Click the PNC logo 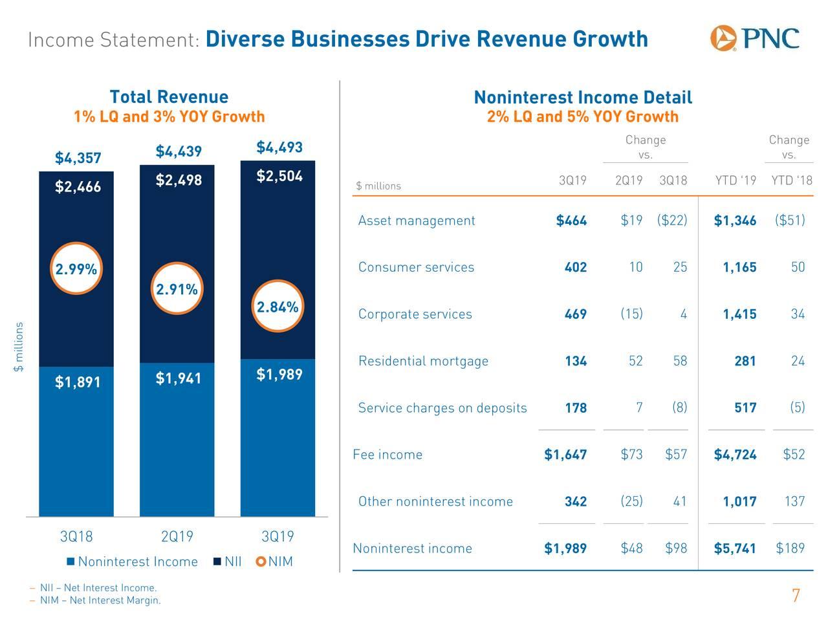tap(754, 38)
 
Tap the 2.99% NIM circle tap(76, 270)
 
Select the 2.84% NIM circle tap(278, 307)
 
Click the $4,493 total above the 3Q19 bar tap(279, 147)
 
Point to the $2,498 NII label tap(179, 180)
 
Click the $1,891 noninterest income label tap(78, 382)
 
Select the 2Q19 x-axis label tap(177, 537)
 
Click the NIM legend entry tap(274, 561)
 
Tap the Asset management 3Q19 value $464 tap(571, 221)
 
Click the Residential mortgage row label tap(423, 361)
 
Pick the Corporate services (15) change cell tap(631, 314)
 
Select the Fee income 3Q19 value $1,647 tap(565, 455)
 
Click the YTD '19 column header tap(735, 181)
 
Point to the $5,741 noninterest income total tap(735, 549)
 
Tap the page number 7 tap(796, 596)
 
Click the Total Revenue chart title tap(169, 97)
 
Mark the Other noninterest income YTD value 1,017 tap(739, 501)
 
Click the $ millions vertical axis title tap(19, 347)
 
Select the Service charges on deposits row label tap(442, 408)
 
